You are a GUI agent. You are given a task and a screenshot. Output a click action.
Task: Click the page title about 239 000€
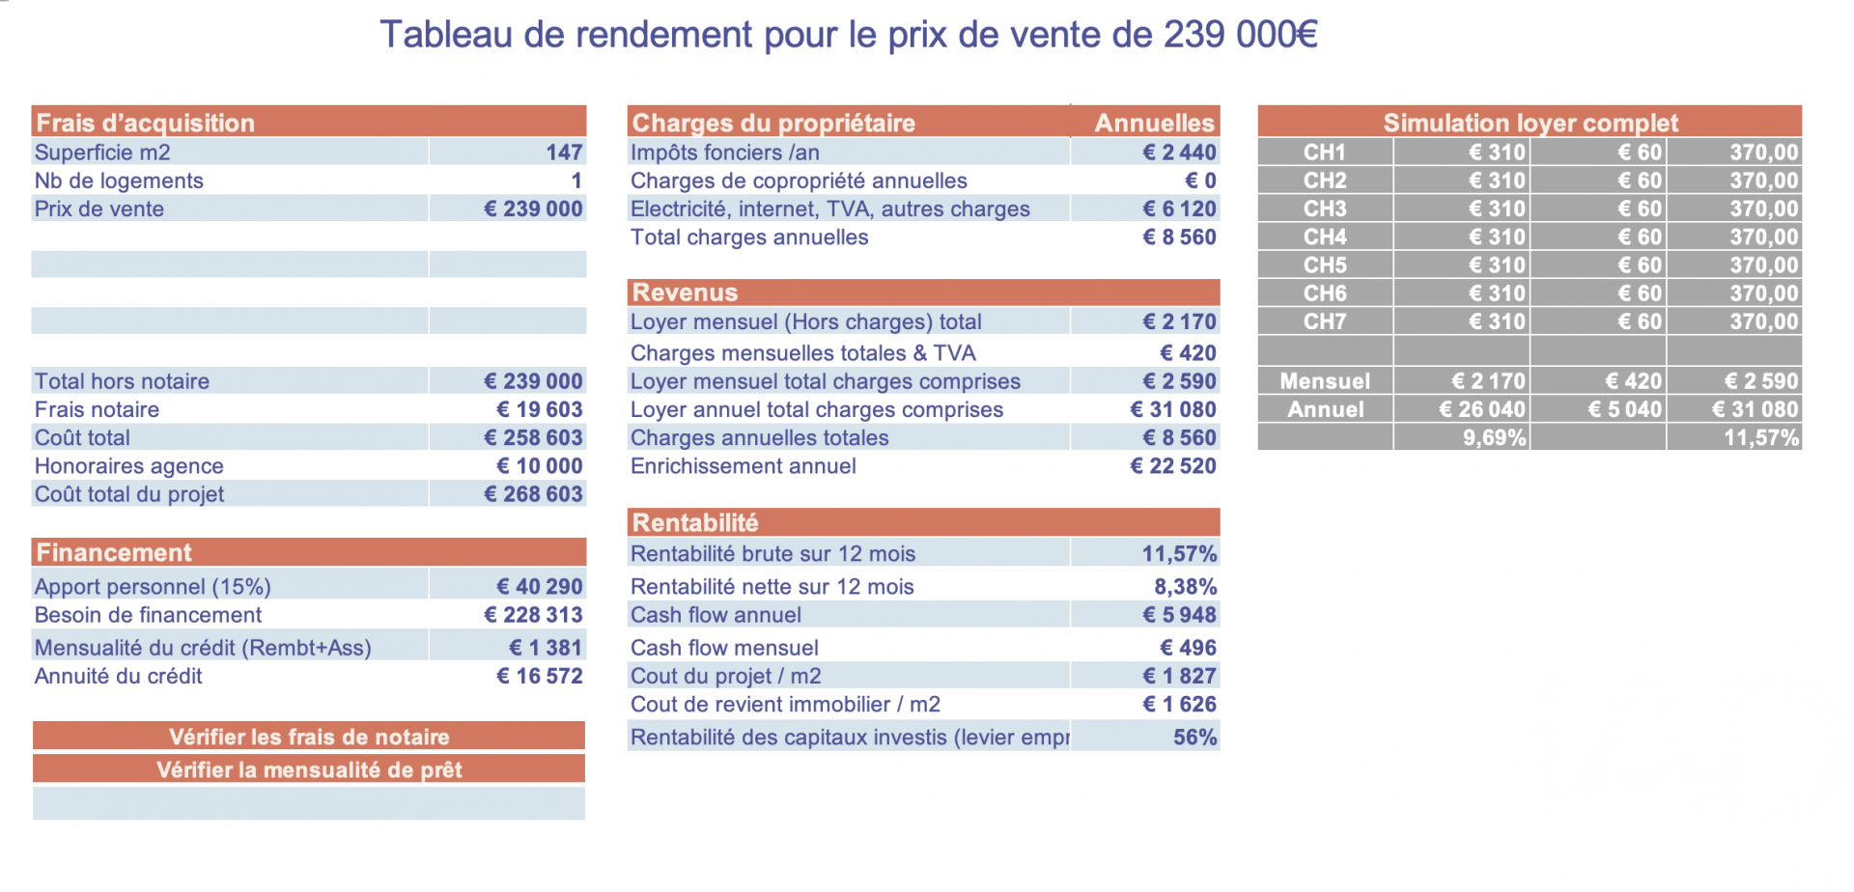(848, 35)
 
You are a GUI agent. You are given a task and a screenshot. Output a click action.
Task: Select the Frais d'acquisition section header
(145, 123)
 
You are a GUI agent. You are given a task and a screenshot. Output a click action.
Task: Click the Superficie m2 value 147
(564, 153)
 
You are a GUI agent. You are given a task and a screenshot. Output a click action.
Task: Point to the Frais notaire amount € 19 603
(539, 409)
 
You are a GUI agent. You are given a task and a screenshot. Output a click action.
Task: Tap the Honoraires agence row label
(129, 466)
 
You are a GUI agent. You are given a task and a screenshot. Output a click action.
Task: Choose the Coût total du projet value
(533, 494)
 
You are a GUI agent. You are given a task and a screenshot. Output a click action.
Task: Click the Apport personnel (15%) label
(153, 587)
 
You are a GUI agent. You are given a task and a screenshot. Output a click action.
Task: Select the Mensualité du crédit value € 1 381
(546, 648)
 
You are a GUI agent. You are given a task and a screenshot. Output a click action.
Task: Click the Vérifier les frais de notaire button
(309, 737)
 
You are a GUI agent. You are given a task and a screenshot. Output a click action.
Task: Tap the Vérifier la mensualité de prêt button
(309, 769)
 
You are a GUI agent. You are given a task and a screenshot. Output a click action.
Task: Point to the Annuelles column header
(1154, 123)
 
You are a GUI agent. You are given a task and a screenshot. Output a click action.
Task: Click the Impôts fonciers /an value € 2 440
(1179, 153)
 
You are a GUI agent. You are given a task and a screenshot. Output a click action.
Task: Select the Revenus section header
(685, 293)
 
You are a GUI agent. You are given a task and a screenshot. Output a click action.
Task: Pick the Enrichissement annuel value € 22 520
(1173, 466)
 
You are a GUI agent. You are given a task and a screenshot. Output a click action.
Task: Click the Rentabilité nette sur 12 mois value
(1185, 587)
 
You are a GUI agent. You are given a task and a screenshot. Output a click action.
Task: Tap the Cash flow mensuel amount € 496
(1188, 648)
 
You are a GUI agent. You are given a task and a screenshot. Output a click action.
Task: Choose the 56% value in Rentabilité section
(1194, 738)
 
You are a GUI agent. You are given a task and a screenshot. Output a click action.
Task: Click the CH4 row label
(1325, 237)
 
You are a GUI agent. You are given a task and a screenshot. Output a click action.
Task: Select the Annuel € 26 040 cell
(1482, 409)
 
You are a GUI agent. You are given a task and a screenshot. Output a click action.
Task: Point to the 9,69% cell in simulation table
(1494, 438)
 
